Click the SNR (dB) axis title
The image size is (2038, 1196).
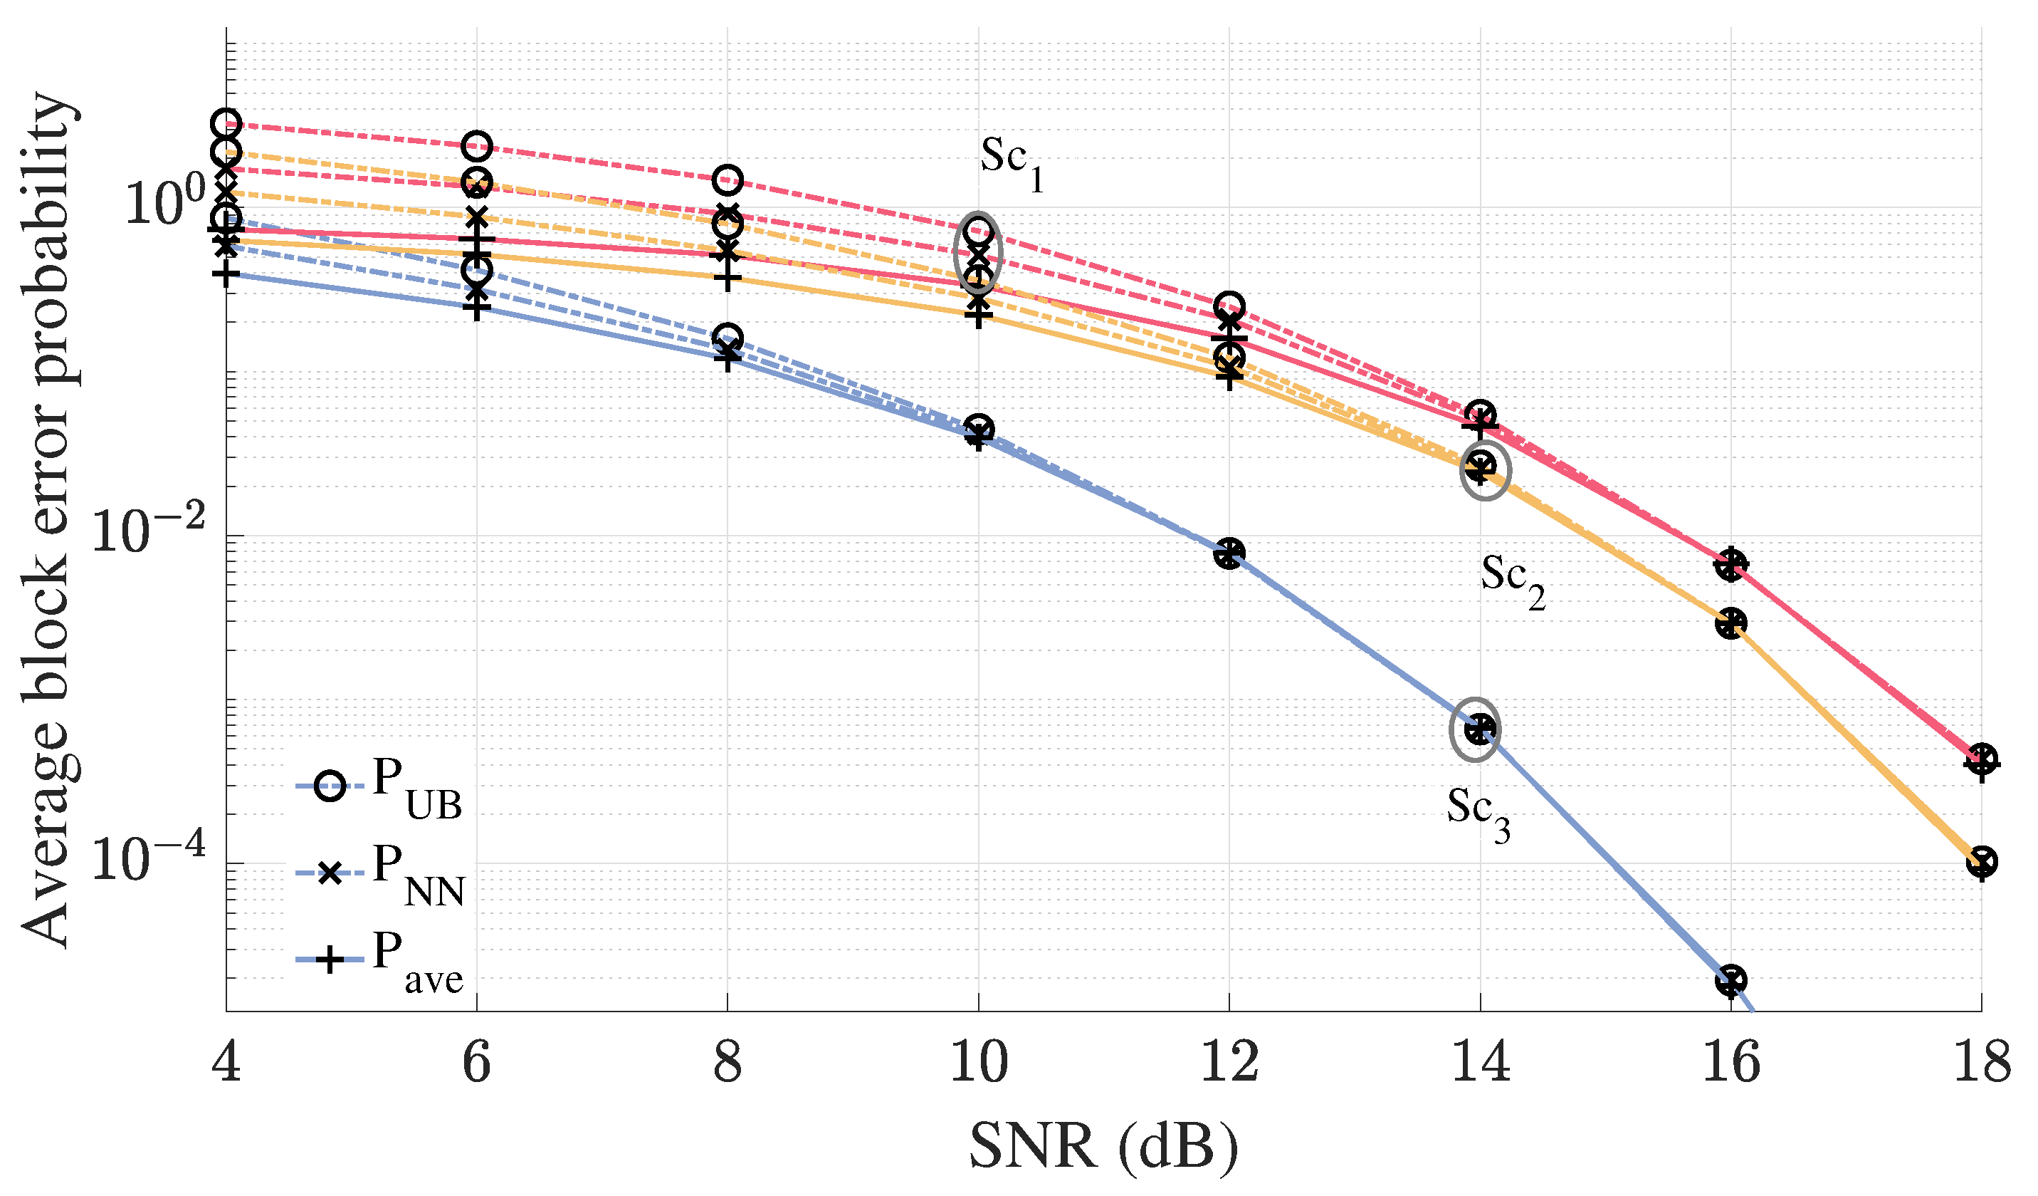1104,1148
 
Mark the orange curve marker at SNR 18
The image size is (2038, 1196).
1981,863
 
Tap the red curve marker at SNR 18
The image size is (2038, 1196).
1981,760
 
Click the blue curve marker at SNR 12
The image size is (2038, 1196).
1229,553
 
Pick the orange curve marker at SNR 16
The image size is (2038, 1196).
1731,623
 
